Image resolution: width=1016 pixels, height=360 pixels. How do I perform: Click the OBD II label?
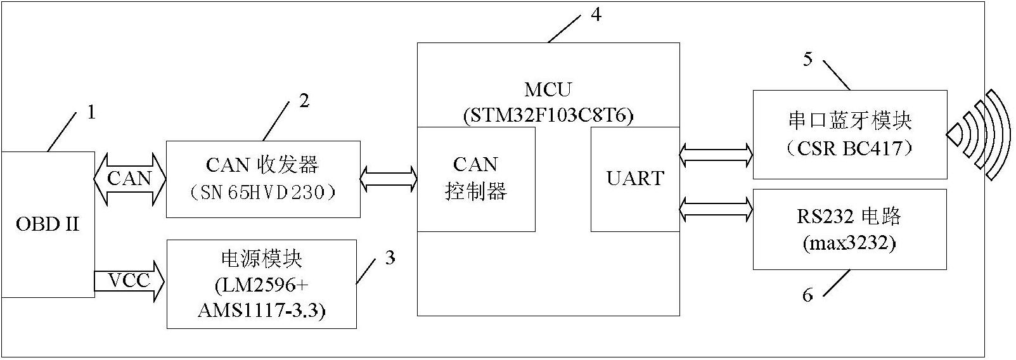[48, 224]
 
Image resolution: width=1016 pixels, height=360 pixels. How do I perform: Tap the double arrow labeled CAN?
[130, 179]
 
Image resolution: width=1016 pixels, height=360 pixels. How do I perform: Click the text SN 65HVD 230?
[262, 193]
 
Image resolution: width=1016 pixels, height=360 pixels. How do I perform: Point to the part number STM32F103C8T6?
[548, 115]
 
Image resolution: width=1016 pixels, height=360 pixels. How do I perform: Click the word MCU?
[548, 89]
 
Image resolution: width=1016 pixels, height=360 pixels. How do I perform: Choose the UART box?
[635, 179]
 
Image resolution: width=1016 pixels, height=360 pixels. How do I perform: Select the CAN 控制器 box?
[476, 179]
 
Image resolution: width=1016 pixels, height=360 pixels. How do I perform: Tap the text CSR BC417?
[849, 148]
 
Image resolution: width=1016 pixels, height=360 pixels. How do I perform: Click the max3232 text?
[849, 244]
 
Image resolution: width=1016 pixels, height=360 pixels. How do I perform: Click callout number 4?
[596, 15]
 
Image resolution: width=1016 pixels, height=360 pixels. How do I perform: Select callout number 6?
[808, 295]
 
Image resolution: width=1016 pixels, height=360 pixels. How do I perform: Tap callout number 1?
[92, 112]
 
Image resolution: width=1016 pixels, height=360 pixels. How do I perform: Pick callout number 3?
[390, 257]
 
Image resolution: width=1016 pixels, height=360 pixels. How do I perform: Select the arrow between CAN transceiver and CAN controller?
[389, 179]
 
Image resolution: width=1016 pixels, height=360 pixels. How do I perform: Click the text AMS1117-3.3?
[262, 311]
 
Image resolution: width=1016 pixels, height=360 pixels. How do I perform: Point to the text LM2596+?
[262, 285]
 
